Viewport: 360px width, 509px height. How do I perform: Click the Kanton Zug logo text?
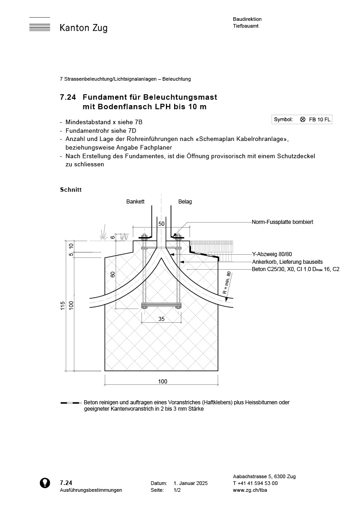(83, 28)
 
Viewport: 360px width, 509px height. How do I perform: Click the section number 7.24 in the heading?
(68, 97)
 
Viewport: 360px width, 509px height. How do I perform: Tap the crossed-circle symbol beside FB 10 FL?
(302, 120)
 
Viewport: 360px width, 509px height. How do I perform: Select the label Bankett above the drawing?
(135, 202)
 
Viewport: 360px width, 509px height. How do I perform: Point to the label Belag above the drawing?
(185, 202)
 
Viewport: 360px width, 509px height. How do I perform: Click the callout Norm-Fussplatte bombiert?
(282, 222)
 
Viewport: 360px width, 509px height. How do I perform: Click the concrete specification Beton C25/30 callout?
(296, 269)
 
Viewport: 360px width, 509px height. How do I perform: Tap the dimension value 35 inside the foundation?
(161, 319)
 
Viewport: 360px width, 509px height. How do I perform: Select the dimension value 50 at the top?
(161, 224)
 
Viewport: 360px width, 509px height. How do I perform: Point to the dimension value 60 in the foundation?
(113, 274)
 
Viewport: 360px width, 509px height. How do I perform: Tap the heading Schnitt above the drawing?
(70, 189)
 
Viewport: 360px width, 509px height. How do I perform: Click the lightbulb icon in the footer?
(45, 483)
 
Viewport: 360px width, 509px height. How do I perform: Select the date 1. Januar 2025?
(190, 484)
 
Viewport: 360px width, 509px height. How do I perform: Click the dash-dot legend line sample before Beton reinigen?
(71, 402)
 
